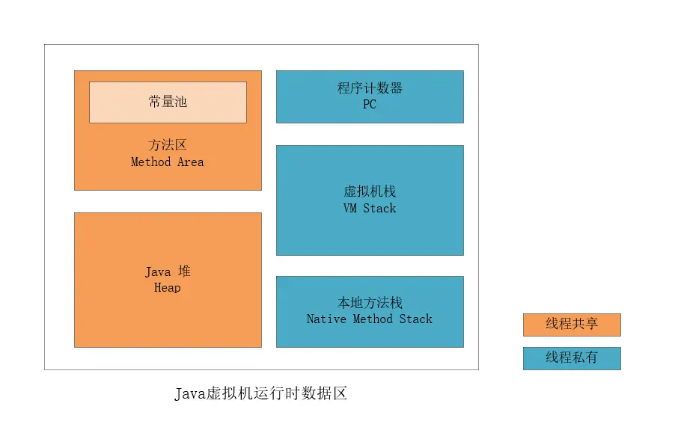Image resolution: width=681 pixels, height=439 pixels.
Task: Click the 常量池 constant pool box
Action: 168,102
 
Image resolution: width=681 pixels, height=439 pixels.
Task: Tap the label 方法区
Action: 168,145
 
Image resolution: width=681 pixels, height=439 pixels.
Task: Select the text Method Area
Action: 168,162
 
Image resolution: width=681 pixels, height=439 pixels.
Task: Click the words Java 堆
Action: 168,271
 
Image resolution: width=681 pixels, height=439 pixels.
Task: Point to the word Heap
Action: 168,287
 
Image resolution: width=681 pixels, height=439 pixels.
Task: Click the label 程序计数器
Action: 370,88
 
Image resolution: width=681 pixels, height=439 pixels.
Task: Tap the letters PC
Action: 370,105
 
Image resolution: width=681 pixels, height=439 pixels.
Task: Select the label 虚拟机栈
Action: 370,191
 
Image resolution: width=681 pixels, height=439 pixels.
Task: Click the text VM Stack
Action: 370,208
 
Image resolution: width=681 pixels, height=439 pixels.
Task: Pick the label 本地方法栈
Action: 370,302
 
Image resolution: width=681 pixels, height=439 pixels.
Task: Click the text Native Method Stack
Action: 370,319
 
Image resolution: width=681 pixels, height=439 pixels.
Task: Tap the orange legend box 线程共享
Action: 572,325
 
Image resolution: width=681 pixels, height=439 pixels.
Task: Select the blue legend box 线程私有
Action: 572,357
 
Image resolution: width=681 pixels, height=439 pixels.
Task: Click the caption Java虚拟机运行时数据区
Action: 261,393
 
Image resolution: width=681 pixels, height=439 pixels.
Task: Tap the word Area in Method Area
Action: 190,162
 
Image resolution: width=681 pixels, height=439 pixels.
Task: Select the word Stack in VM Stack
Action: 379,208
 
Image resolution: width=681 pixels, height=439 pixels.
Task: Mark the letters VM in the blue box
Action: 350,208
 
